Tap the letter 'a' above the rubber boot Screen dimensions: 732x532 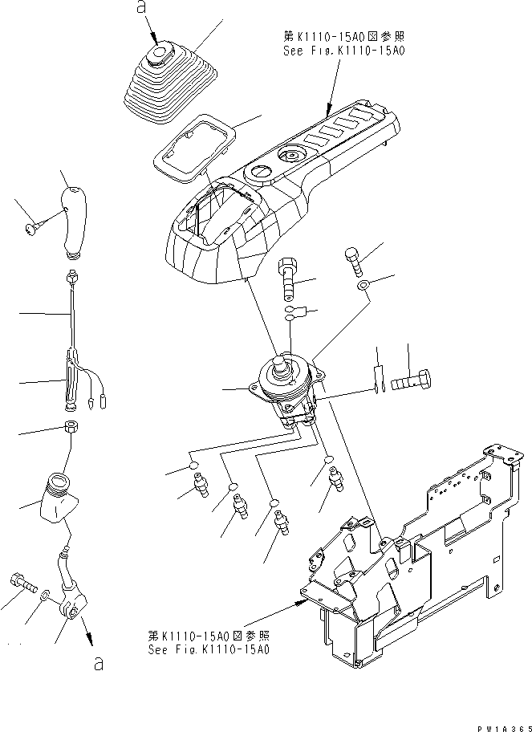[141, 9]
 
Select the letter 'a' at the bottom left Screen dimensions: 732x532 [97, 665]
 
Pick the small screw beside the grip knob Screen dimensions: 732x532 [31, 231]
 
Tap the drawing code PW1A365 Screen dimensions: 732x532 [503, 726]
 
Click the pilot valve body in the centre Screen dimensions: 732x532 [285, 389]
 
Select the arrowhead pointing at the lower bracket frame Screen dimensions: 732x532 [303, 596]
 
